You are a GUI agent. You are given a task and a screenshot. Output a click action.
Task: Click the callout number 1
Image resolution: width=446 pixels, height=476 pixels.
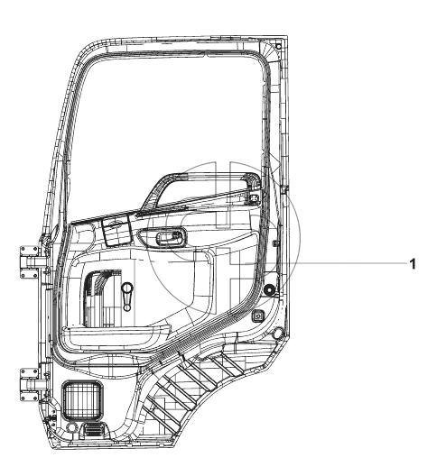coord(413,264)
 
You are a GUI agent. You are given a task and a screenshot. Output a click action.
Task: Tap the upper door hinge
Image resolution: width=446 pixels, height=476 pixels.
coord(30,261)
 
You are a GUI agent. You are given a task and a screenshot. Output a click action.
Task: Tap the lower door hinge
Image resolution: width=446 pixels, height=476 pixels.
coord(30,385)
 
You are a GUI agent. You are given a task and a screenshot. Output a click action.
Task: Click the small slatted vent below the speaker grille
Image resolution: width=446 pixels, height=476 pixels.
coord(94,430)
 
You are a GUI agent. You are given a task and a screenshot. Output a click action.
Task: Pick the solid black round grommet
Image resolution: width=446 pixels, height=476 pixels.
coord(269,290)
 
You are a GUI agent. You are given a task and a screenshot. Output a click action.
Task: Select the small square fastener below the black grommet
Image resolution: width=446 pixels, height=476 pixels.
coord(258,316)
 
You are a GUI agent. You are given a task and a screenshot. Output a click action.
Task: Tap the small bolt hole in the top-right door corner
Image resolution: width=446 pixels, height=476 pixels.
coord(278,46)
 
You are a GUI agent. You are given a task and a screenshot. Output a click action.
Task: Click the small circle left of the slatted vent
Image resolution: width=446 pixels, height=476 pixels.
coord(72,427)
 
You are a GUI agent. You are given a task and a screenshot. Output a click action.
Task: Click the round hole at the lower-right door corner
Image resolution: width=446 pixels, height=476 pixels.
coord(278,334)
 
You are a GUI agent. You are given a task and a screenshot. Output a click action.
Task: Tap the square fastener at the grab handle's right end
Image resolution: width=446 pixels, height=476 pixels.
coord(255,198)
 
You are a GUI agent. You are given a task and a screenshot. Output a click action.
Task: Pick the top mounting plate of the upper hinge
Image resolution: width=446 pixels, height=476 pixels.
coord(30,250)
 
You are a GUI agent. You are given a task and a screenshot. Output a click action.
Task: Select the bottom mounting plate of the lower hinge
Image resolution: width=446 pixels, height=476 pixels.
coord(30,397)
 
